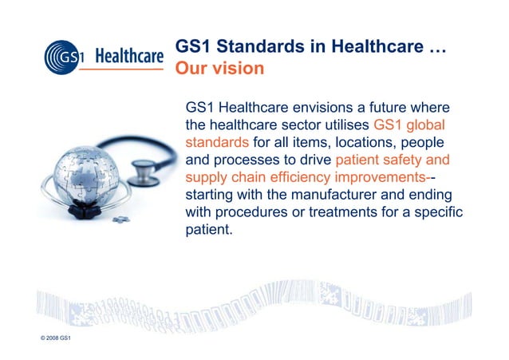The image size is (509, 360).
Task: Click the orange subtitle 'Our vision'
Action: pos(219,69)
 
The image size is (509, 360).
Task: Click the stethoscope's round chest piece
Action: pos(146,172)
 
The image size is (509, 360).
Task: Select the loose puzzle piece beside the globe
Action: pos(120,217)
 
